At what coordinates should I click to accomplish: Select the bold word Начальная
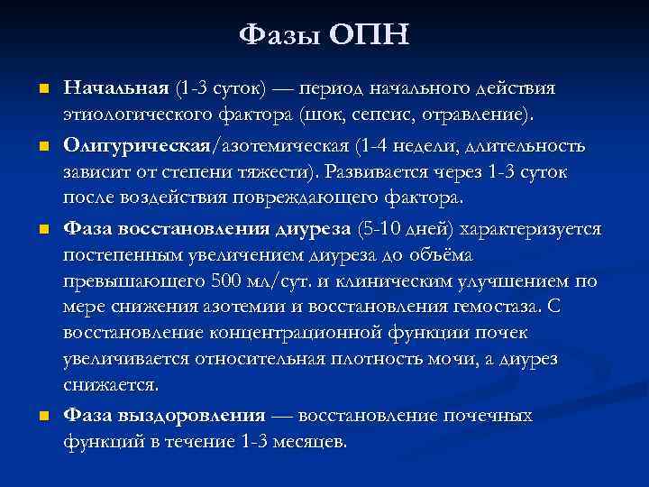pyautogui.click(x=116, y=89)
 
